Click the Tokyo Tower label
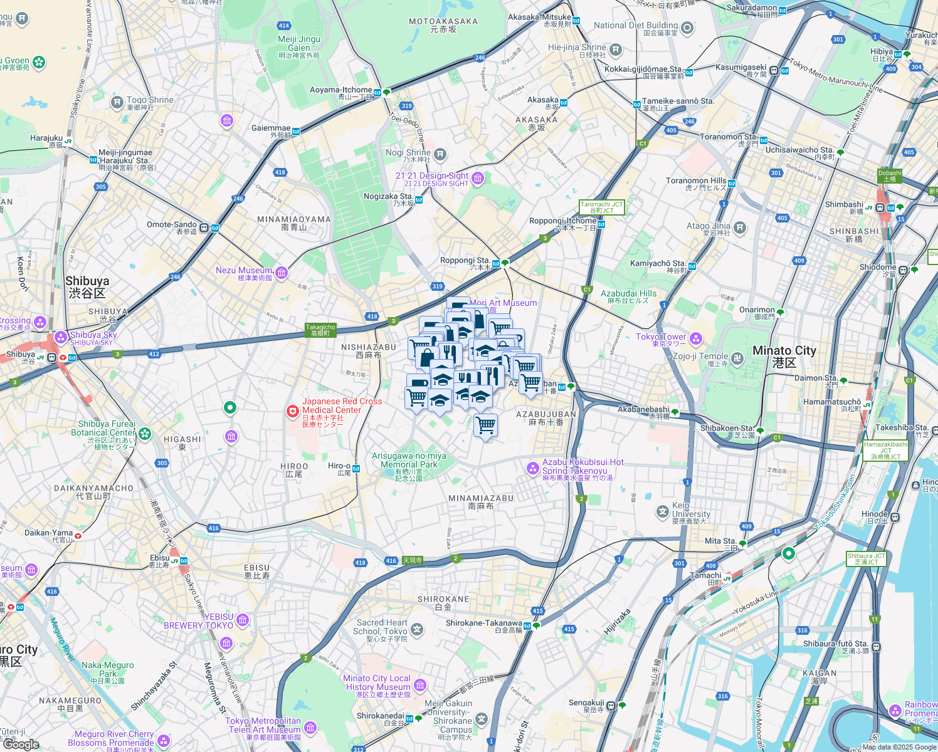661,337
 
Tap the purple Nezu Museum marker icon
282,272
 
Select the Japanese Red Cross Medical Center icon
292,411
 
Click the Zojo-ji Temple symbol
737,358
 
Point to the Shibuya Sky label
93,335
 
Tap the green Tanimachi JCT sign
602,207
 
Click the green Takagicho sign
320,330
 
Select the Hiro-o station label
339,466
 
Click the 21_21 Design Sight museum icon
478,179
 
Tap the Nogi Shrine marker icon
440,154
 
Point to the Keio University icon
662,512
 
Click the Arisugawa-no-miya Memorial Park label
409,461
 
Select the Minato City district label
784,351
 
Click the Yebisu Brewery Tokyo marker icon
243,620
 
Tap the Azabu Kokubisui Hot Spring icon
532,467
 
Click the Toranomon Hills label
696,180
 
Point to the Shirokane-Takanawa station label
483,624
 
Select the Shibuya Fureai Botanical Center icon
145,433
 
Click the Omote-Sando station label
172,225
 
